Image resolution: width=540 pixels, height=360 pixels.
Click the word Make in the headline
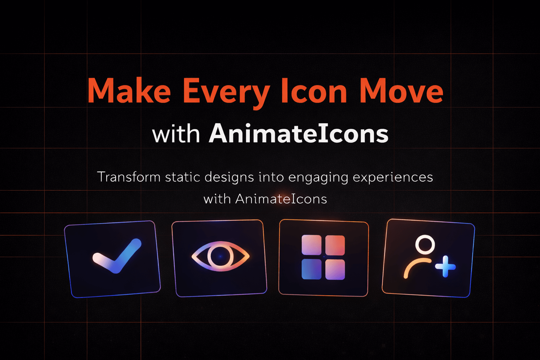129,91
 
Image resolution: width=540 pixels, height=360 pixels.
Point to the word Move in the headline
401,91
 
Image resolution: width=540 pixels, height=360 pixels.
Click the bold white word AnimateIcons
299,134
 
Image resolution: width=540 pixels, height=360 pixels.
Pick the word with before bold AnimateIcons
176,134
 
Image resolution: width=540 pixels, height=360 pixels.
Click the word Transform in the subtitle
129,177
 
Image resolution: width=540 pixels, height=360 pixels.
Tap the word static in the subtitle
182,177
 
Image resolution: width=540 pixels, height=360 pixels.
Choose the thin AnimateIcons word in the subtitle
281,199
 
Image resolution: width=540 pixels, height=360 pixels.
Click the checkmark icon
117,256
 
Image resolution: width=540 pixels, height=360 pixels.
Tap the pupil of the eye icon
220,256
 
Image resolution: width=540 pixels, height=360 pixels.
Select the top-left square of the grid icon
312,245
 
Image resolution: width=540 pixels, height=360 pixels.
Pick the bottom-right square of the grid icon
335,269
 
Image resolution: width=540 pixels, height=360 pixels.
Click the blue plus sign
445,266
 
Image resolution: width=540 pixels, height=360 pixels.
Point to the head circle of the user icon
425,245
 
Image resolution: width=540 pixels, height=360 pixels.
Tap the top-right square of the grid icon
335,245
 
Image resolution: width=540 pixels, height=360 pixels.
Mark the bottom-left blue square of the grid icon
312,269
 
